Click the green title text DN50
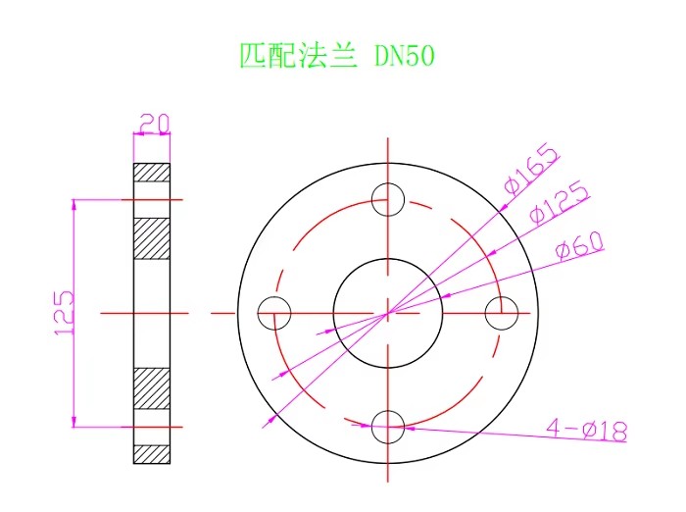click(405, 56)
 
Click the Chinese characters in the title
click(299, 56)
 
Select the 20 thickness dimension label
click(154, 123)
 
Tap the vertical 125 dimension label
click(65, 313)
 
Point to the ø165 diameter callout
click(531, 169)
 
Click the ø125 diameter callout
click(559, 202)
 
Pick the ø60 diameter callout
click(579, 245)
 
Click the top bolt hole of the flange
click(388, 184)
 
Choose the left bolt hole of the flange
click(258, 313)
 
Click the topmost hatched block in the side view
click(152, 172)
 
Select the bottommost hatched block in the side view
click(152, 454)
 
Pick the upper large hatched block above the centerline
click(152, 238)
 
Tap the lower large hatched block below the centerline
click(152, 388)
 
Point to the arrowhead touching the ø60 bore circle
click(445, 296)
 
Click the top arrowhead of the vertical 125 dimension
click(73, 205)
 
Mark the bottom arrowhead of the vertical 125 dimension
click(73, 421)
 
